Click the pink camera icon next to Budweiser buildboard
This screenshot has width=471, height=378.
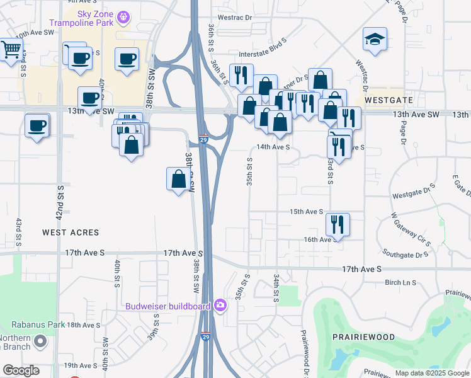220,306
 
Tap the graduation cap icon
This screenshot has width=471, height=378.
375,40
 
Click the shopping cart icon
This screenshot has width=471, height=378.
11,49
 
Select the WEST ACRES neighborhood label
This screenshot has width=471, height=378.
71,232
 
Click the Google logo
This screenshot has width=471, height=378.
21,370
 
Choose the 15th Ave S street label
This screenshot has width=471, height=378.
306,212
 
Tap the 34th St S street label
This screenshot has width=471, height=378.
276,287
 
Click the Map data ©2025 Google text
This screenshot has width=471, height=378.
432,373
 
